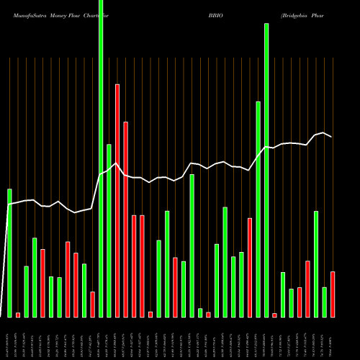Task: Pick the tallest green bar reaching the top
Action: (x=101, y=158)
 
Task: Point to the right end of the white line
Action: (x=332, y=137)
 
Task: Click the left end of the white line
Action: (x=9, y=204)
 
